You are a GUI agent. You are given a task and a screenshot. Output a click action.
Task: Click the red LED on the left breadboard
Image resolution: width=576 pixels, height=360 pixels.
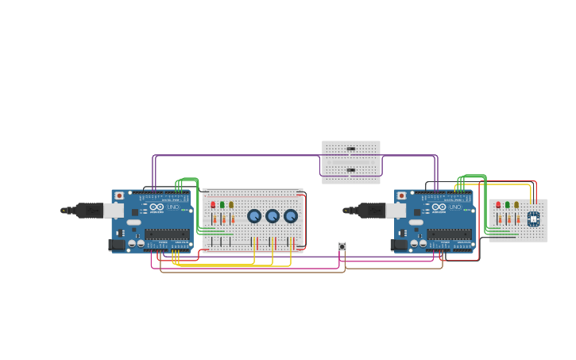[213, 205]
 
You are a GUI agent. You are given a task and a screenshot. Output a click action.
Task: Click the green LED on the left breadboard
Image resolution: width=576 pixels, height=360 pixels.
[222, 205]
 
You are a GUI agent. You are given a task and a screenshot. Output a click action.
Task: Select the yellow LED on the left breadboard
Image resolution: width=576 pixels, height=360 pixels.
[231, 205]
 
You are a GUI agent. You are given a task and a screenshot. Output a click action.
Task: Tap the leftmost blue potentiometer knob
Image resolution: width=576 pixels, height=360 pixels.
[254, 216]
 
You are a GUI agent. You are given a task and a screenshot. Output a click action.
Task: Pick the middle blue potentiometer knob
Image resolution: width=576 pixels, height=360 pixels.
[273, 216]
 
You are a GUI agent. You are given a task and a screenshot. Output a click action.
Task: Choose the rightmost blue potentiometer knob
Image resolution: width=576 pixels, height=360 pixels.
[291, 216]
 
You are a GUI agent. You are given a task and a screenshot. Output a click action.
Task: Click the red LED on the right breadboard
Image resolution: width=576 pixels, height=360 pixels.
[498, 205]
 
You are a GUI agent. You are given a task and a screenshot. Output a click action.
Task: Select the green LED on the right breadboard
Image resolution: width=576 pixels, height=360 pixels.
[507, 205]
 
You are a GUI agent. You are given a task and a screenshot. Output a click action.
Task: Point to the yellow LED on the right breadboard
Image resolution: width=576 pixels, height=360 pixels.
[516, 205]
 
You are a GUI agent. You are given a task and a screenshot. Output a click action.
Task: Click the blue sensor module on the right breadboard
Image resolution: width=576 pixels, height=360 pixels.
[533, 218]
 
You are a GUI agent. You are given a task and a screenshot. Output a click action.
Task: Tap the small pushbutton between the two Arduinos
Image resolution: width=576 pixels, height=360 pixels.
[342, 247]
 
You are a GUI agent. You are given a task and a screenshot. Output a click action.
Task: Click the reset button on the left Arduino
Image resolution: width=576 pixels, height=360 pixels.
[119, 195]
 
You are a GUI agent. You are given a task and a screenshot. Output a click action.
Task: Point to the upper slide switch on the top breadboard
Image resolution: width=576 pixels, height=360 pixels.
[350, 149]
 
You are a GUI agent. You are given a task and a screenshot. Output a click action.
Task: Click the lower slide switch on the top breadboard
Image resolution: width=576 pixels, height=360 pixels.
[350, 169]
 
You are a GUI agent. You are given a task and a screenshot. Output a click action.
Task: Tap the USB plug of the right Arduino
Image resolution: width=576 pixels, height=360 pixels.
[371, 211]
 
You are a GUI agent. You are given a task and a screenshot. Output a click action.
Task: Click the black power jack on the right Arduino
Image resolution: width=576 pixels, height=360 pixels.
[399, 245]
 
